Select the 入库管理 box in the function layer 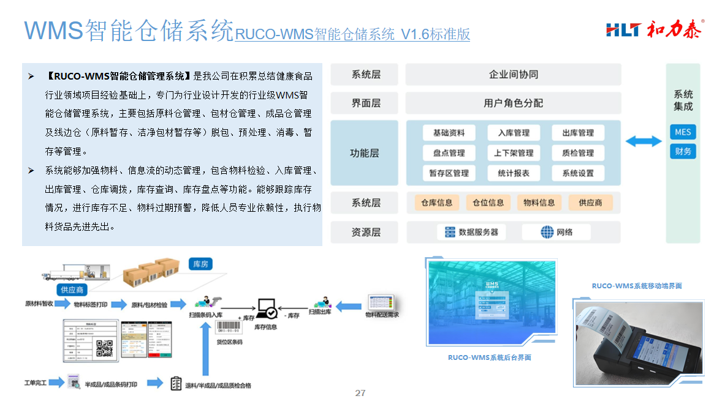tap(514, 133)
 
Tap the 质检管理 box tap(577, 153)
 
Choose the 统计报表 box tap(514, 173)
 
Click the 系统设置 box tap(577, 173)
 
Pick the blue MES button tap(683, 132)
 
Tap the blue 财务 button tap(683, 151)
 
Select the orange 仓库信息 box tap(437, 203)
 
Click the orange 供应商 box tap(590, 203)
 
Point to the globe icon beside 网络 tap(547, 232)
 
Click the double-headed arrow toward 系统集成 tap(643, 141)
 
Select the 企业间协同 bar tap(514, 75)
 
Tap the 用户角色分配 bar tap(514, 103)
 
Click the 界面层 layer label tap(366, 103)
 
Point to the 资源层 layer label tap(366, 232)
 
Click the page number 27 tap(360, 393)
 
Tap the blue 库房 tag tap(201, 264)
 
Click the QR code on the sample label tap(106, 348)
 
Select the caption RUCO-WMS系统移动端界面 tap(637, 286)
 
